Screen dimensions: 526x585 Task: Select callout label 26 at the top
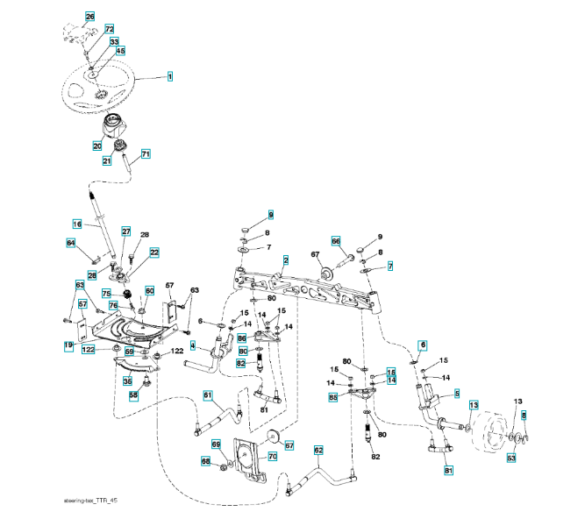89,17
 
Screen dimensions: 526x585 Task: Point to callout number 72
110,29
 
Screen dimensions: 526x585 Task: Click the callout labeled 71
146,154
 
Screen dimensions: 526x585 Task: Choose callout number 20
98,146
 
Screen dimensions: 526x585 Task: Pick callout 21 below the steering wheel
107,160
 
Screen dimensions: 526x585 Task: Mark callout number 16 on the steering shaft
76,224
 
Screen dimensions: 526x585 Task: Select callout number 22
154,252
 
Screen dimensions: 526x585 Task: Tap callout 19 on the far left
68,347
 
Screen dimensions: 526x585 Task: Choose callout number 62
318,451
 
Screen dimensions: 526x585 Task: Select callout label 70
272,457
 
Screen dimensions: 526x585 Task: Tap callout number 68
205,461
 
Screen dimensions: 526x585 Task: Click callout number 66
335,240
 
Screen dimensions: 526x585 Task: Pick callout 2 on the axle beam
286,260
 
